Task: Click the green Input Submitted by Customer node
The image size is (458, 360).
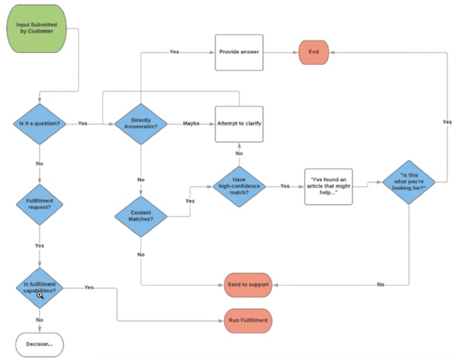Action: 39,32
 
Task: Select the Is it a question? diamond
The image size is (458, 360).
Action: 39,123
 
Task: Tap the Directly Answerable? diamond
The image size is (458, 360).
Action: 140,123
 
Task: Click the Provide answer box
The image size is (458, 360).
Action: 239,51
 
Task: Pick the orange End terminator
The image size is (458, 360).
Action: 315,51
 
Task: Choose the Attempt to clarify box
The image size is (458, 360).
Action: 239,123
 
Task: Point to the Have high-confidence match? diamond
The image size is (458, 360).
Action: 239,186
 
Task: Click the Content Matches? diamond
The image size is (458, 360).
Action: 140,215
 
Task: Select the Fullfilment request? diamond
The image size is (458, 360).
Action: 39,204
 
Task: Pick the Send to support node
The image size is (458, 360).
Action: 248,284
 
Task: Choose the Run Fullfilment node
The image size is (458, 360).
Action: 248,321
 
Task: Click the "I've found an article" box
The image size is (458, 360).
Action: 328,186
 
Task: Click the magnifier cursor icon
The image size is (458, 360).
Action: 40,295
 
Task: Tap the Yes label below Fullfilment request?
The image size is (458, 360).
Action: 39,245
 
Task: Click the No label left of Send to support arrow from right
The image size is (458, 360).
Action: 380,284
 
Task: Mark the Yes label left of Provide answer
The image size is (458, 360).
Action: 174,51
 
